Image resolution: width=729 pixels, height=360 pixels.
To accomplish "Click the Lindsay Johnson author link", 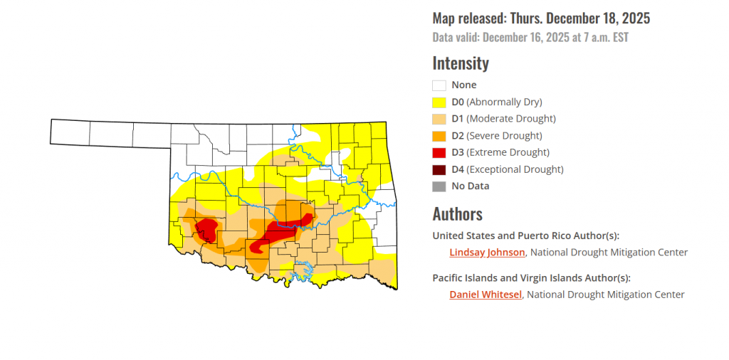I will pos(487,252).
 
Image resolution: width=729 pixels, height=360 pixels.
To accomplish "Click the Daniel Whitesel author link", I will pos(486,295).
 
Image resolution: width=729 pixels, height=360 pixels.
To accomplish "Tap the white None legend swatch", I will pos(439,85).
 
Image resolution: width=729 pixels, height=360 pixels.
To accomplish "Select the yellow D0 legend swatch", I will pos(439,102).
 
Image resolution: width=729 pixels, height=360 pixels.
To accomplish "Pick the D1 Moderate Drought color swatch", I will pos(439,119).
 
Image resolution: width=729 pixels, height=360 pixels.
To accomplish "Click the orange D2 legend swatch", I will pos(439,136).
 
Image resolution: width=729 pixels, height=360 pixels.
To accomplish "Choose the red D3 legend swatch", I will pos(439,152).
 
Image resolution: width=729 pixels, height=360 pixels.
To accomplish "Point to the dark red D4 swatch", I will pos(439,169).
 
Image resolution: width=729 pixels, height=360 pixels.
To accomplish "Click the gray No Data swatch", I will pos(439,186).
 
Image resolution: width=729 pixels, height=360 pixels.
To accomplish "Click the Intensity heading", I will pos(461,63).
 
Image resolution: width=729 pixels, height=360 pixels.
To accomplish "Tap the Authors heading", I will pos(457,214).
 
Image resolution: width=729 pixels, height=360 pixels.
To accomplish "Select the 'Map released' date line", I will pos(541,18).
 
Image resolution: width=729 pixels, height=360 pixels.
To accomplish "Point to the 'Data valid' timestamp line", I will pos(530,37).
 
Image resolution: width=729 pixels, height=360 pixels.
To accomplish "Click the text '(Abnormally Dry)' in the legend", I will pos(504,102).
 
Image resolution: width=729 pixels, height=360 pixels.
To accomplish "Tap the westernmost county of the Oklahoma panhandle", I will pos(70,132).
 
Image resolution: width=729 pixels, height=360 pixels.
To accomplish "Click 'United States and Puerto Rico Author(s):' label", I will pos(526,235).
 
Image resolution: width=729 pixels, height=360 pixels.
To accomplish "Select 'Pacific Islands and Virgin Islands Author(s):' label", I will pos(531,278).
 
